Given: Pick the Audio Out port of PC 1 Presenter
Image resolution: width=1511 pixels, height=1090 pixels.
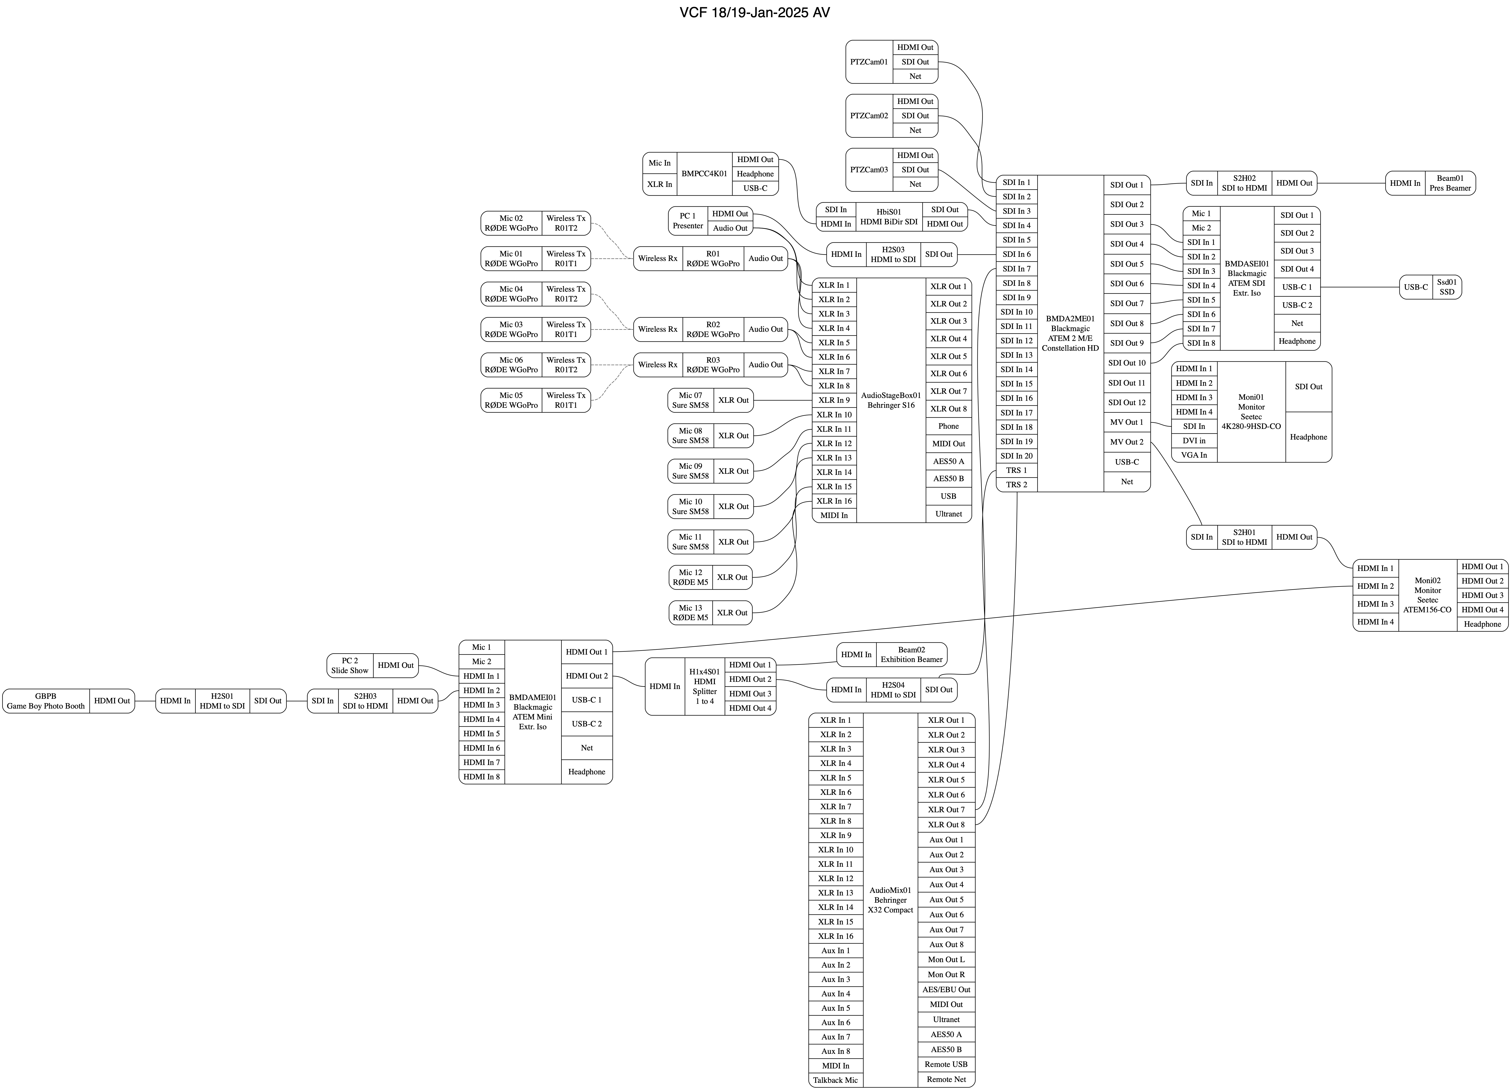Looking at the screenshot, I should pos(730,228).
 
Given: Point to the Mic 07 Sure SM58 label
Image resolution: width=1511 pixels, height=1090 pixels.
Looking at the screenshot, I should pos(690,400).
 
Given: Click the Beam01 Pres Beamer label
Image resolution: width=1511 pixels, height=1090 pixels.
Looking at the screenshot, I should pos(1450,183).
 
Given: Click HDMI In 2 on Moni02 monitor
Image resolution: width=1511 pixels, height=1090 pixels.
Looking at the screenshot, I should pos(1375,586).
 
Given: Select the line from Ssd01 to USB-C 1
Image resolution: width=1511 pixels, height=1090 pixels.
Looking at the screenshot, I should pos(1359,287).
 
